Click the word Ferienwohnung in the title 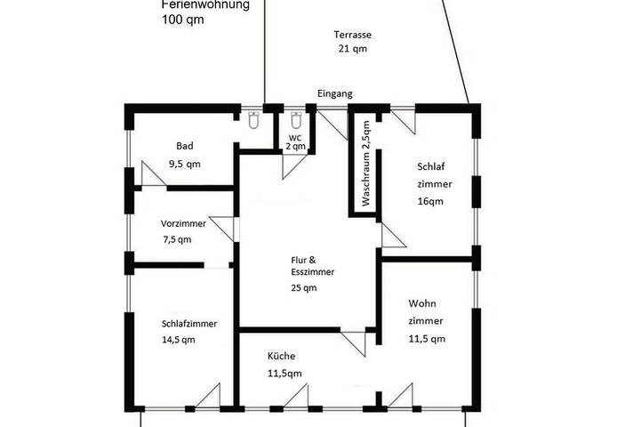click(205, 4)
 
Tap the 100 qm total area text click(182, 19)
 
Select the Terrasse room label click(352, 35)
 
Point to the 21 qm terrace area click(352, 49)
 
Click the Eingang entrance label click(336, 93)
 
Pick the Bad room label click(184, 146)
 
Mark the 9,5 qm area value click(184, 164)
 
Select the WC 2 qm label click(295, 142)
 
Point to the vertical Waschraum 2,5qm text click(365, 163)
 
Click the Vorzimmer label click(183, 223)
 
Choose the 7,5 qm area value click(176, 239)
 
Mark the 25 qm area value click(303, 287)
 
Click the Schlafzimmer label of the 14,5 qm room click(189, 324)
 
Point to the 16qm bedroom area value click(430, 201)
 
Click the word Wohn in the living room click(422, 303)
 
